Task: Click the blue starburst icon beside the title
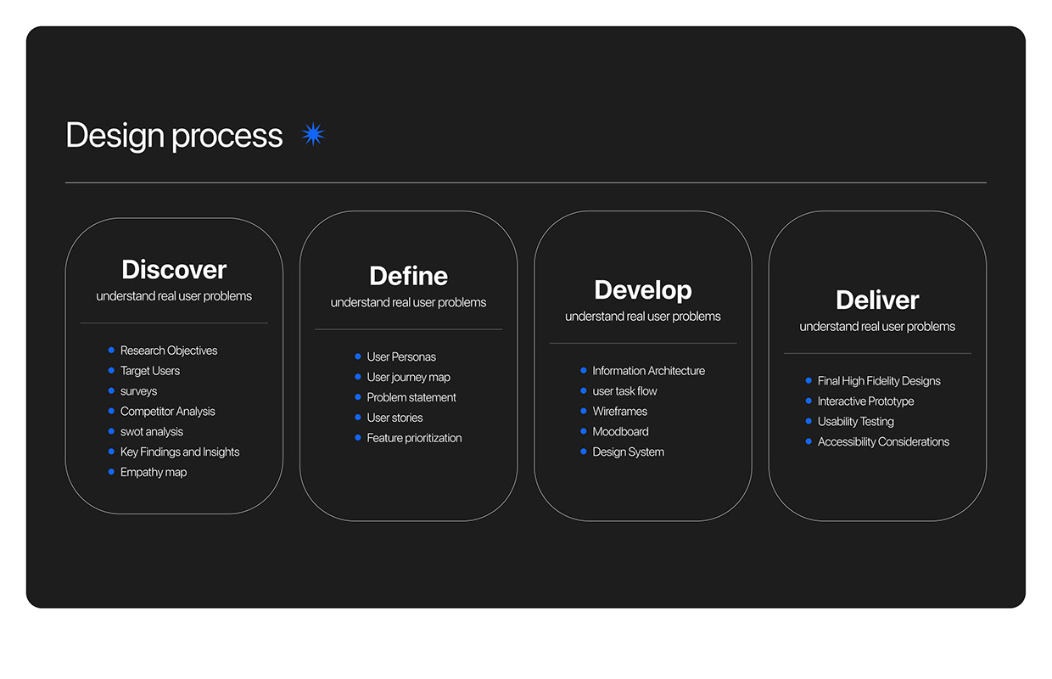pyautogui.click(x=313, y=134)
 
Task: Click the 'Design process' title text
pyautogui.click(x=174, y=136)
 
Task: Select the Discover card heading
pyautogui.click(x=174, y=270)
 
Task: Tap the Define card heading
pyautogui.click(x=408, y=276)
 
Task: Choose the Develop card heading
pyautogui.click(x=643, y=290)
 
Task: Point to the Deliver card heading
pyautogui.click(x=877, y=300)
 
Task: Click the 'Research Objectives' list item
pyautogui.click(x=169, y=351)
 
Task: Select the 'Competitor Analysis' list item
pyautogui.click(x=168, y=412)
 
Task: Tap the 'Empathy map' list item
pyautogui.click(x=154, y=473)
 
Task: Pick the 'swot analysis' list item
pyautogui.click(x=152, y=432)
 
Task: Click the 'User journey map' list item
pyautogui.click(x=408, y=378)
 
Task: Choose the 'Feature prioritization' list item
pyautogui.click(x=414, y=439)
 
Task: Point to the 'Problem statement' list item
pyautogui.click(x=411, y=398)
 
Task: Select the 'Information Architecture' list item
pyautogui.click(x=648, y=371)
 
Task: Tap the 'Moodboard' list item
pyautogui.click(x=620, y=432)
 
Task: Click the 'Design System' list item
pyautogui.click(x=628, y=452)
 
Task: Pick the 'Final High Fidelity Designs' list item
pyautogui.click(x=879, y=381)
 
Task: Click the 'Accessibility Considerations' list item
pyautogui.click(x=883, y=442)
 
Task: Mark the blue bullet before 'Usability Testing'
pyautogui.click(x=809, y=421)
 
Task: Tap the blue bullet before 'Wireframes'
pyautogui.click(x=584, y=411)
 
